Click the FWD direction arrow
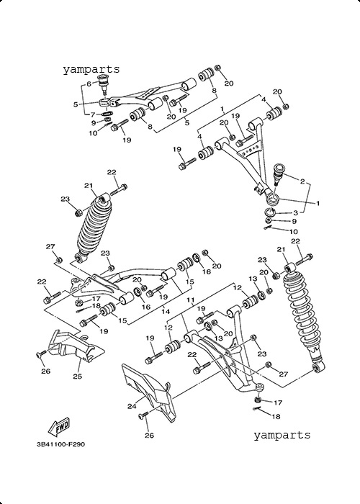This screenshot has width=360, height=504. click(x=59, y=428)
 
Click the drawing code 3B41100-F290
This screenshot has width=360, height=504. click(x=60, y=444)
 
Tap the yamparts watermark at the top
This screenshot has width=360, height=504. click(x=91, y=69)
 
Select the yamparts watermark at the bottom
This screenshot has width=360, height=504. click(x=282, y=435)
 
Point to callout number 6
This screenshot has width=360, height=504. click(x=89, y=84)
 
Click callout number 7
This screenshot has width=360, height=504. click(x=93, y=114)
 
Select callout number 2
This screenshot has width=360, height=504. click(x=302, y=181)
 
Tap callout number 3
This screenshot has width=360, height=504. click(x=295, y=212)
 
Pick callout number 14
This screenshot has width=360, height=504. click(x=165, y=311)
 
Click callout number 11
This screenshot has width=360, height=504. click(x=191, y=300)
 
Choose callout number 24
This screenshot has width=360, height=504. click(x=132, y=406)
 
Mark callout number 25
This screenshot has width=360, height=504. click(x=78, y=376)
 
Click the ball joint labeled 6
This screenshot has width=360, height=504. click(x=104, y=84)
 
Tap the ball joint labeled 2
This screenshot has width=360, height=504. click(x=279, y=174)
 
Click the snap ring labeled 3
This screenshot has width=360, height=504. click(x=270, y=212)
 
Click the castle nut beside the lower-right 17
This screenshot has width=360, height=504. click(x=257, y=400)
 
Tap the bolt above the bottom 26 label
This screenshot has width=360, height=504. click(x=143, y=415)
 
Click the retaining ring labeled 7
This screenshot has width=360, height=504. click(x=107, y=114)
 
